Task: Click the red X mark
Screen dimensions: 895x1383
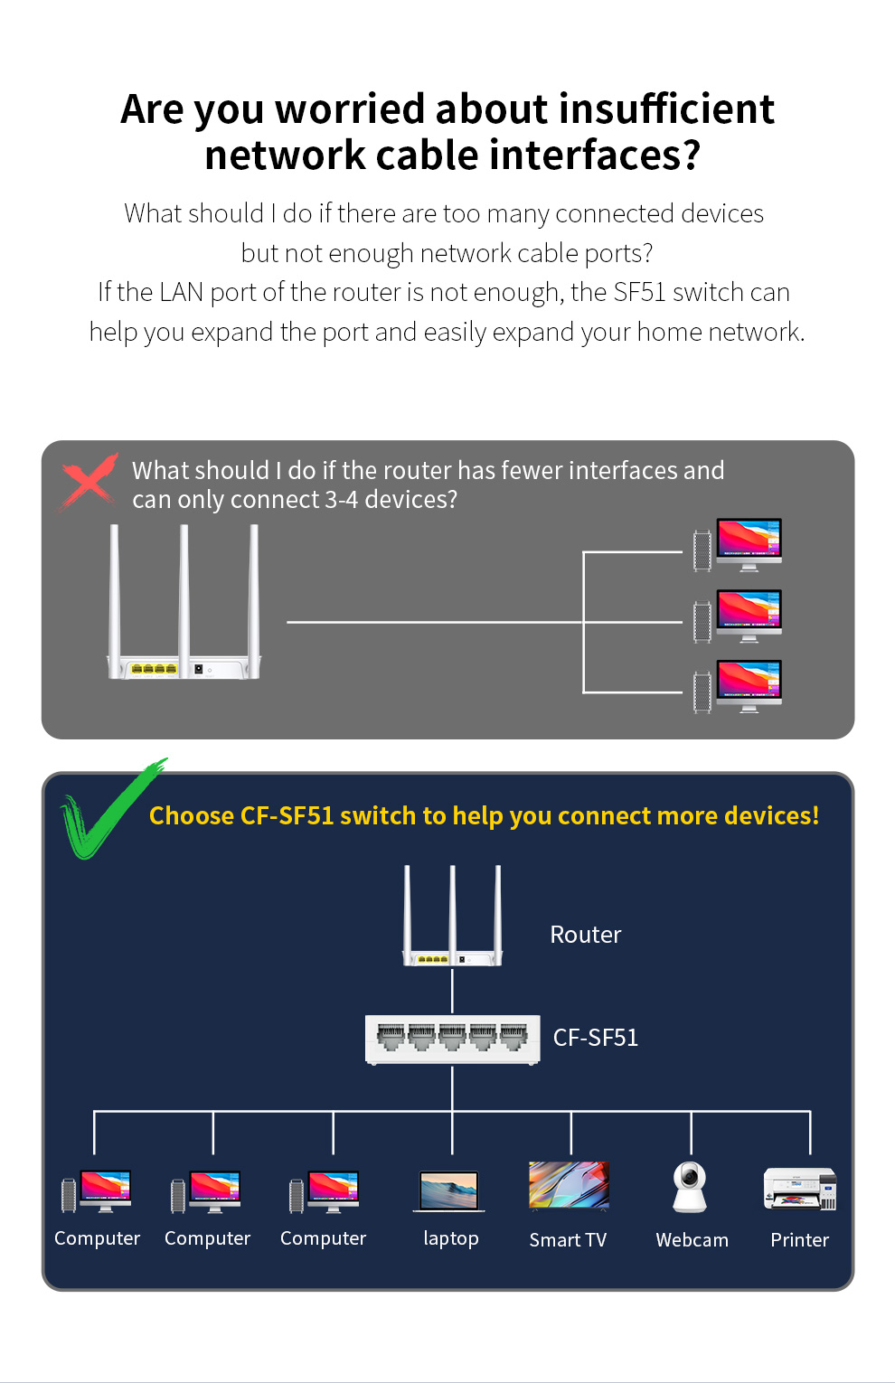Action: pyautogui.click(x=89, y=482)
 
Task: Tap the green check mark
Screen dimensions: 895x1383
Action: pyautogui.click(x=113, y=808)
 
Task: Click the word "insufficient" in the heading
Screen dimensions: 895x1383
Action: pyautogui.click(x=666, y=108)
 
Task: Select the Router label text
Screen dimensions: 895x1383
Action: pyautogui.click(x=586, y=934)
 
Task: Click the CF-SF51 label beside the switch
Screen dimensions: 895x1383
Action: pyautogui.click(x=596, y=1038)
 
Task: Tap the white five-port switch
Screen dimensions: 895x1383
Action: pyautogui.click(x=452, y=1040)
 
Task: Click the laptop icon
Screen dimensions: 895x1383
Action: pyautogui.click(x=449, y=1191)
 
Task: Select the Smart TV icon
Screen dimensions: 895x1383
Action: pyautogui.click(x=569, y=1185)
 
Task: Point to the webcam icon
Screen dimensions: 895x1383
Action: pyautogui.click(x=689, y=1187)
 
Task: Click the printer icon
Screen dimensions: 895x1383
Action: pyautogui.click(x=800, y=1189)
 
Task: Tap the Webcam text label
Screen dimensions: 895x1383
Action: pyautogui.click(x=692, y=1240)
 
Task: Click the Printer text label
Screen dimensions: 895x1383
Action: pyautogui.click(x=799, y=1240)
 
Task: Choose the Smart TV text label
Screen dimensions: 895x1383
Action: pyautogui.click(x=568, y=1240)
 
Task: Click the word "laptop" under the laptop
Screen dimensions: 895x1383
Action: pyautogui.click(x=451, y=1238)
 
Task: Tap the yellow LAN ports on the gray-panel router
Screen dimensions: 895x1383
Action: pyautogui.click(x=154, y=669)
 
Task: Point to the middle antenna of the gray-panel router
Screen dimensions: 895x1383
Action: pyautogui.click(x=184, y=600)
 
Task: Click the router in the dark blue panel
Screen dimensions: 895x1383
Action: pyautogui.click(x=452, y=915)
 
